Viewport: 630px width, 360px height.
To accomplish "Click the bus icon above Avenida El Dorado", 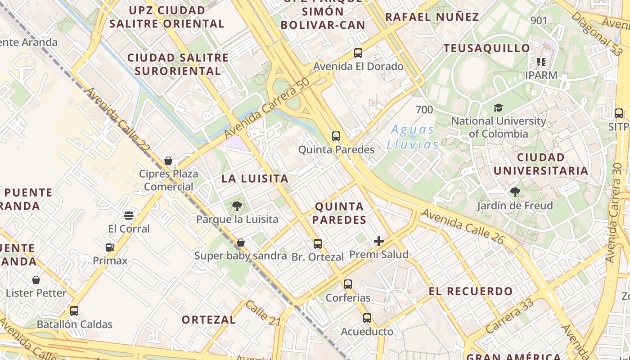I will (x=358, y=53).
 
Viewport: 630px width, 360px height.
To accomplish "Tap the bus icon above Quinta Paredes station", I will (x=336, y=136).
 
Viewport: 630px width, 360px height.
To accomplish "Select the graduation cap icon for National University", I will (x=498, y=108).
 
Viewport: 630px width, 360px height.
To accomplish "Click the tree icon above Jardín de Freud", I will (x=515, y=193).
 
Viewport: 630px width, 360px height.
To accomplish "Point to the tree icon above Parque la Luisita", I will (x=237, y=207).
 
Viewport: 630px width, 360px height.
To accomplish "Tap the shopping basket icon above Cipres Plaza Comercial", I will (x=168, y=161).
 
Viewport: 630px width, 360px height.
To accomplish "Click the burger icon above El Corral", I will (x=129, y=216).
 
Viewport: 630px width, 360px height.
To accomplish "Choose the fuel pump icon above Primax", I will (x=110, y=247).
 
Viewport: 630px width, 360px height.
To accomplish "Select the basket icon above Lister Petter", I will (x=36, y=280).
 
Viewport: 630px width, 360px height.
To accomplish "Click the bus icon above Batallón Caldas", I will (x=74, y=311).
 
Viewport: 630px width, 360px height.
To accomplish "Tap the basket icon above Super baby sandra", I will (x=241, y=243).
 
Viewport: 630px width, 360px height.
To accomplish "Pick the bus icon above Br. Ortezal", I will (x=318, y=244).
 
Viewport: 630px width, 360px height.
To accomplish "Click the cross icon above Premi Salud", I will (x=379, y=241).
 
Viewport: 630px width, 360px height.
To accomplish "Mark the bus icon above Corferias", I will (x=348, y=284).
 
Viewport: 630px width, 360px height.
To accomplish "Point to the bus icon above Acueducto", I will (x=367, y=318).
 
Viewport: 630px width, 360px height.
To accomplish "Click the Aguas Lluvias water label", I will (x=413, y=137).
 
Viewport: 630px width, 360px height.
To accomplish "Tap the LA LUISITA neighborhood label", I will (x=255, y=179).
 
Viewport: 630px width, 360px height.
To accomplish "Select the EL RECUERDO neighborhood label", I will (x=471, y=291).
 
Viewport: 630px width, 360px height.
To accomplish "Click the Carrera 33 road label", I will (x=509, y=316).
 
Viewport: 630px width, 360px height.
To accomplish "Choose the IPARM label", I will (x=541, y=75).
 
